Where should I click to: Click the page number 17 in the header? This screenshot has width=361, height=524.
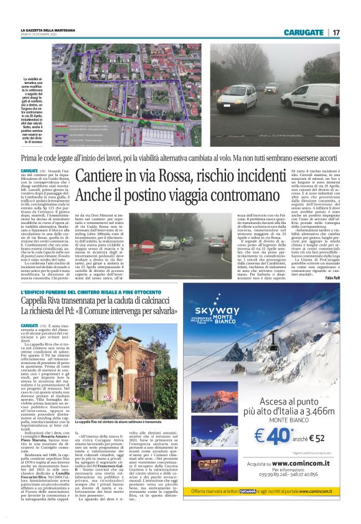pyautogui.click(x=335, y=32)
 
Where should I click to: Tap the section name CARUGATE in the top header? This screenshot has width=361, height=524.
pyautogui.click(x=303, y=32)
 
